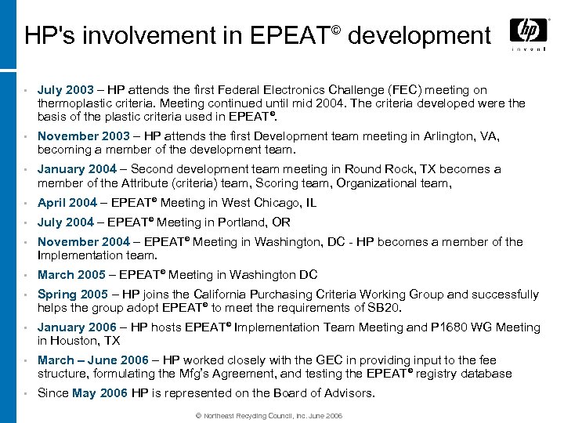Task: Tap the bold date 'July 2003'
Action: pyautogui.click(x=65, y=90)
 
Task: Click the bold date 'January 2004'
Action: pyautogui.click(x=77, y=169)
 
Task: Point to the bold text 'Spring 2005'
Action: pyautogui.click(x=73, y=295)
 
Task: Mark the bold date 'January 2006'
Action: pyautogui.click(x=77, y=327)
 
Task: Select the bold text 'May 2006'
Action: pyautogui.click(x=99, y=393)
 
